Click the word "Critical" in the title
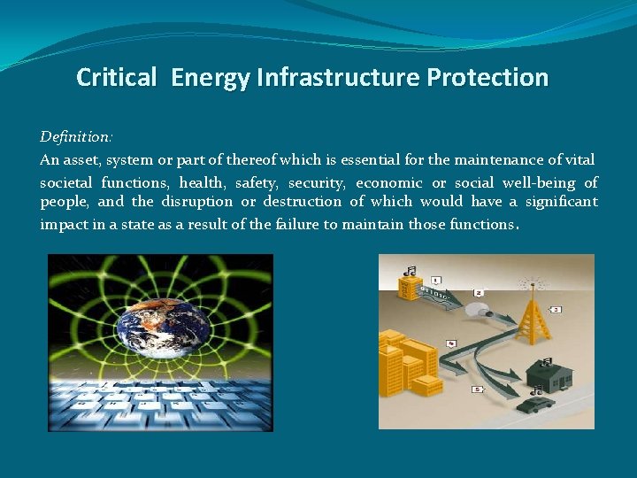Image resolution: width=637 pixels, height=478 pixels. point(115,78)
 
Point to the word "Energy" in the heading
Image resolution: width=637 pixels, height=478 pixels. point(211,78)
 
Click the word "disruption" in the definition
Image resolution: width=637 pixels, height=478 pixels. point(196,202)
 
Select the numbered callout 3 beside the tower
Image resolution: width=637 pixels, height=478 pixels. point(555,310)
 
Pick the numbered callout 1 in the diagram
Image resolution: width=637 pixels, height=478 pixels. point(436,281)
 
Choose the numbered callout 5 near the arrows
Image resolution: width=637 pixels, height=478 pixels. point(478,389)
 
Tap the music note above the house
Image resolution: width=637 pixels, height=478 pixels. point(545,360)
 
